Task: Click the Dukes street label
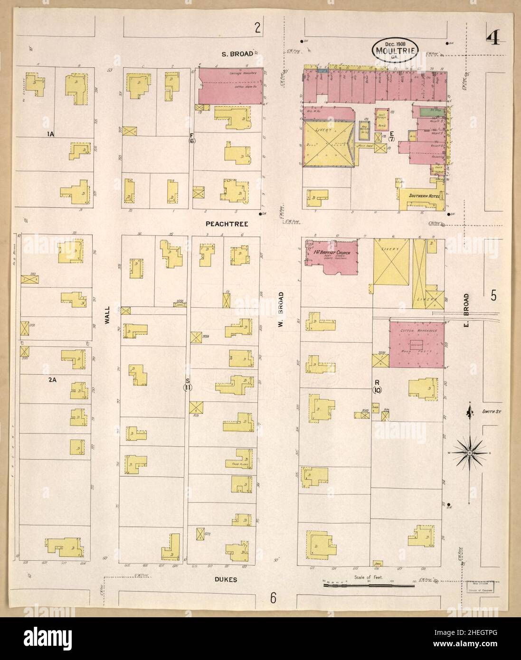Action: click(x=221, y=580)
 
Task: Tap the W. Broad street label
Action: click(x=281, y=309)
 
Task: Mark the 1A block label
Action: click(x=50, y=135)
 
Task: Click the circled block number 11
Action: click(x=188, y=387)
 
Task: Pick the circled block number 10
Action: click(x=378, y=390)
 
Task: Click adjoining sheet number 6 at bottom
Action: click(x=273, y=598)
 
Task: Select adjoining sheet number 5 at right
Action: click(x=493, y=296)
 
